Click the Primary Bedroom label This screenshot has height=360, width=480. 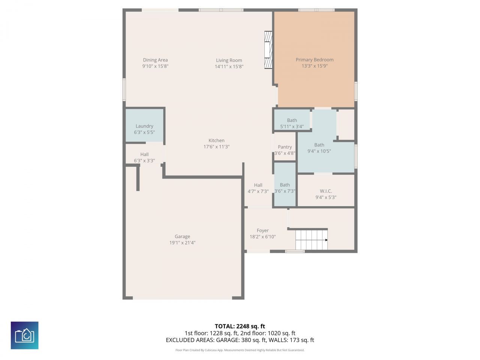(314, 60)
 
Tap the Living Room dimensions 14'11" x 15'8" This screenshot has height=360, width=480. (229, 67)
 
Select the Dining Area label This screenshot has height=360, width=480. (155, 60)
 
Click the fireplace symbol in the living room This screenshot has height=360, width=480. (268, 50)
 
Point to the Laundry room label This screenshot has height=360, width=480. (144, 126)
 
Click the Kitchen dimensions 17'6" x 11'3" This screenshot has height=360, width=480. (216, 147)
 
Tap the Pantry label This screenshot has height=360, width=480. (285, 147)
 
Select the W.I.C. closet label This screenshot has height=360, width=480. (325, 191)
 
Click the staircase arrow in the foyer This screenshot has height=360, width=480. (326, 240)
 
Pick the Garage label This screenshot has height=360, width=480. (182, 236)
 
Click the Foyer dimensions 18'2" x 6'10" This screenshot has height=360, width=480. (262, 237)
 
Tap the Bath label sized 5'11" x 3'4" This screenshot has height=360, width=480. (292, 120)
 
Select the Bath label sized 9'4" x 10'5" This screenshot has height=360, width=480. (319, 145)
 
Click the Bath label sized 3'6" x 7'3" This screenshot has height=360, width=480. (285, 184)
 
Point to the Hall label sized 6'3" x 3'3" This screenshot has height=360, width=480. (144, 154)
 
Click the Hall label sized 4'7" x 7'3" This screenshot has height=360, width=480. (258, 185)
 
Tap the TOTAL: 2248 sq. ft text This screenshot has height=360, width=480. (240, 326)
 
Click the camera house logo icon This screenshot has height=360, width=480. (24, 335)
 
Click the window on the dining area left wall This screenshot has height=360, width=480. (124, 89)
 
